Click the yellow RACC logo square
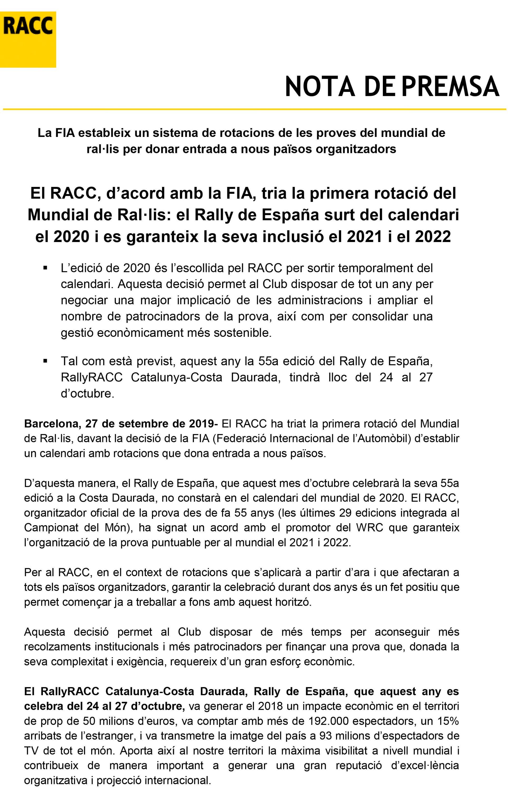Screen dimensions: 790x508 pyautogui.click(x=28, y=39)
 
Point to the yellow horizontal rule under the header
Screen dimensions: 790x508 pyautogui.click(x=254, y=109)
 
